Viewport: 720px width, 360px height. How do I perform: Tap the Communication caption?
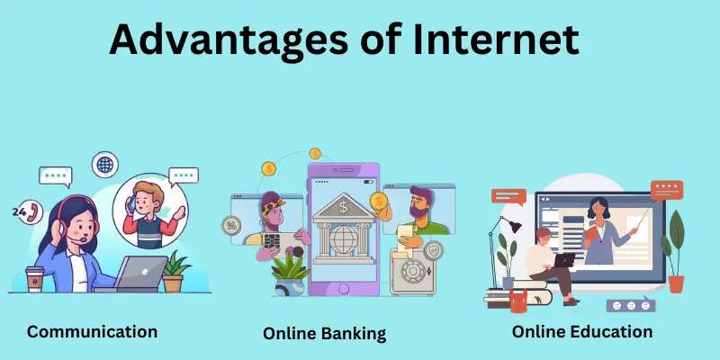pyautogui.click(x=92, y=331)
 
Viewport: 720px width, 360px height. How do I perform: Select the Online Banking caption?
pyautogui.click(x=324, y=333)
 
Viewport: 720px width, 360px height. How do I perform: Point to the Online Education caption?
pyautogui.click(x=581, y=331)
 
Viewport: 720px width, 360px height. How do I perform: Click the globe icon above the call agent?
pyautogui.click(x=105, y=166)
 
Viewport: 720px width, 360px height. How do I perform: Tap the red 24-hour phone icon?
pyautogui.click(x=34, y=212)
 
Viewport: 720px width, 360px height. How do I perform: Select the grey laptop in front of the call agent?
pyautogui.click(x=139, y=274)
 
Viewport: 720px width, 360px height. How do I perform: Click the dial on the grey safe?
pyautogui.click(x=415, y=272)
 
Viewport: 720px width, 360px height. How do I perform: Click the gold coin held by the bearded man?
pyautogui.click(x=379, y=200)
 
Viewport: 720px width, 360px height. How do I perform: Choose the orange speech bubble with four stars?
pyautogui.click(x=667, y=189)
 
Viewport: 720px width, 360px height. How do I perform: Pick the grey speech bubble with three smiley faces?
pyautogui.click(x=631, y=304)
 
